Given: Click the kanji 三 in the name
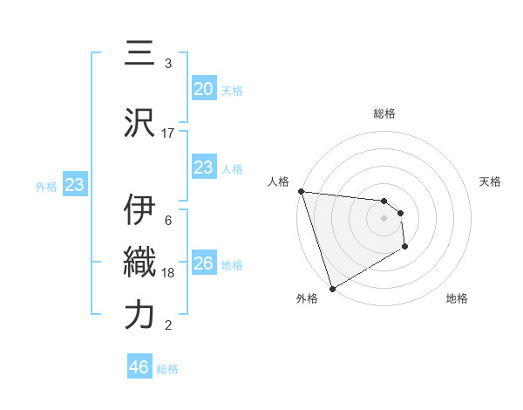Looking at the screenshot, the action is point(139,54).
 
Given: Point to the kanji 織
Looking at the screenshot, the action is point(139,263).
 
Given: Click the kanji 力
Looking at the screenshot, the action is point(139,315).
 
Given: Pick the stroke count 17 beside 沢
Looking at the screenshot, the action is point(168,133).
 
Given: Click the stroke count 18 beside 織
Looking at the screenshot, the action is point(168,273).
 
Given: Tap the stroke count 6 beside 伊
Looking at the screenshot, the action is point(168,220).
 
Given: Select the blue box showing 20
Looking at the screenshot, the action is point(203,88).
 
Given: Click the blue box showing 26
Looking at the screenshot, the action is point(203,263).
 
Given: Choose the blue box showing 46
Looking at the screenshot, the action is point(139,367).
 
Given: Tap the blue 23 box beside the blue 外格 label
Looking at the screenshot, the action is point(74,185).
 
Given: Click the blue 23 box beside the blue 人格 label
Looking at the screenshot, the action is point(203,167).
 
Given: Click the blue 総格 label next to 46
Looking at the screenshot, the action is point(167,369).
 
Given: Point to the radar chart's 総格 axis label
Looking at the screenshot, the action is point(384,113).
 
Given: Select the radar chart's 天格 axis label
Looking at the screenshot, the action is point(490,181).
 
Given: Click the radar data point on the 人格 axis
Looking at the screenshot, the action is point(301,191).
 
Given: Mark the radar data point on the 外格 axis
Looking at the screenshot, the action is point(332,288).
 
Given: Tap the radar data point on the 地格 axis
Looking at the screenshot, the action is point(405,248).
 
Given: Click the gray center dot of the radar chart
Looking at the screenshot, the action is point(384,219).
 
